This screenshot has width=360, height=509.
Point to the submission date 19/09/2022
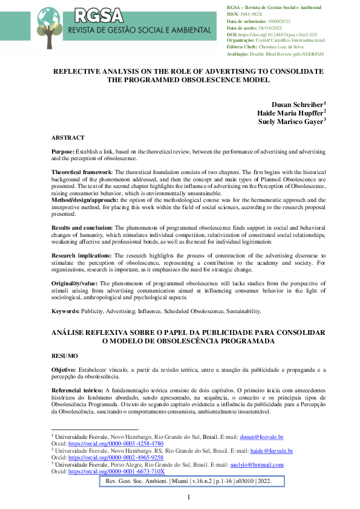point(277,21)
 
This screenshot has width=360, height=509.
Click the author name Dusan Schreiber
point(297,104)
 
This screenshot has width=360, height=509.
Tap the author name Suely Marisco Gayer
point(292,121)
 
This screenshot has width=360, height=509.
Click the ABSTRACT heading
point(68,138)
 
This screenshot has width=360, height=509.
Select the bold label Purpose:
point(63,151)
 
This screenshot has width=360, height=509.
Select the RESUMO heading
point(64,357)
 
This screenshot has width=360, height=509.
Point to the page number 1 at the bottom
point(189,497)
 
